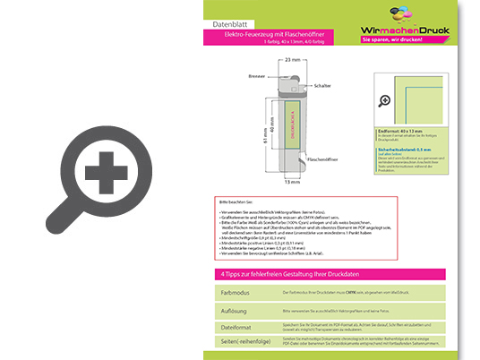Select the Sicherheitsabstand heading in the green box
402,149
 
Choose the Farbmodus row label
236,293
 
